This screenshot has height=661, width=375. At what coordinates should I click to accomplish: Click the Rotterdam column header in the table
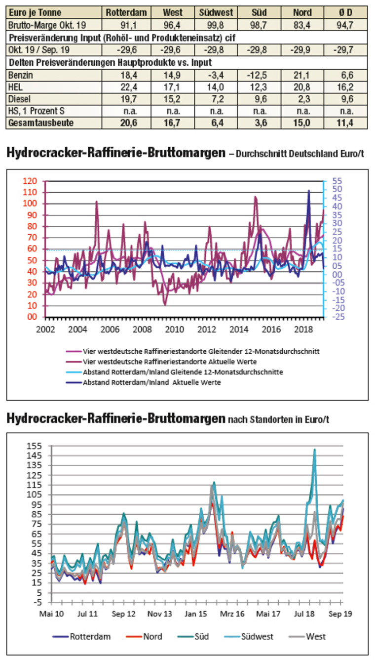click(127, 12)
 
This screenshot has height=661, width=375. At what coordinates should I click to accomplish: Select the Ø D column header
click(345, 12)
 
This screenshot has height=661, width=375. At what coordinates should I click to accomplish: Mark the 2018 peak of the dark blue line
click(309, 191)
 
